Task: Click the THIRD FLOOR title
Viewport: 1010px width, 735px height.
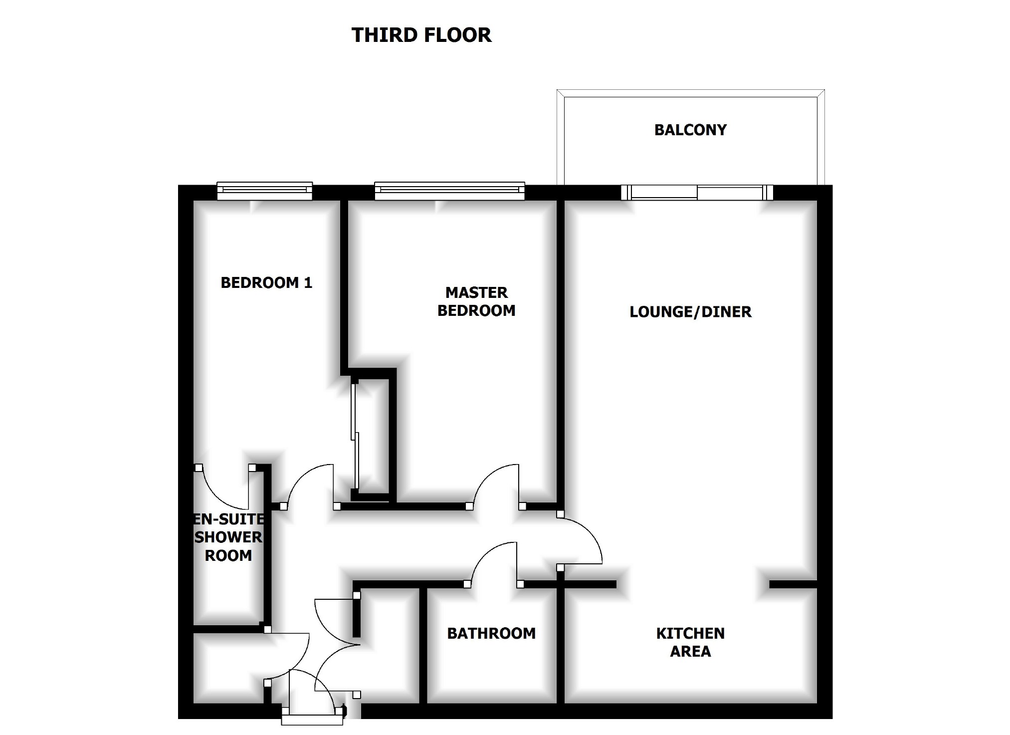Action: pyautogui.click(x=421, y=35)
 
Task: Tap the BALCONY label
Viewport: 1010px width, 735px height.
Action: pyautogui.click(x=690, y=130)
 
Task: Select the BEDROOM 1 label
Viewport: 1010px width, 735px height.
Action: pyautogui.click(x=266, y=283)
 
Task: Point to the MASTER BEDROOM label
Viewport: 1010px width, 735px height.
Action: pyautogui.click(x=476, y=301)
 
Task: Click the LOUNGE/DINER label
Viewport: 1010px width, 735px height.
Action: pyautogui.click(x=690, y=312)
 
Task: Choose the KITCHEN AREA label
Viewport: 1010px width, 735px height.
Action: pyautogui.click(x=690, y=642)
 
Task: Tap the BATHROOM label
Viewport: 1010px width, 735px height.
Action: pyautogui.click(x=491, y=633)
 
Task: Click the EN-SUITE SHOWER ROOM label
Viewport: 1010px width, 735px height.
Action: pyautogui.click(x=228, y=537)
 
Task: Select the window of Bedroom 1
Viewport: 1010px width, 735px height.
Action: pyautogui.click(x=265, y=191)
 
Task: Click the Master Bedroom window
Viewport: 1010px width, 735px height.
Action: pyautogui.click(x=449, y=191)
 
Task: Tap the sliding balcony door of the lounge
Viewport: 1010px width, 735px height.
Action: pyautogui.click(x=697, y=192)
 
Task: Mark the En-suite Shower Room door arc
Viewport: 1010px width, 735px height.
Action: pyautogui.click(x=219, y=491)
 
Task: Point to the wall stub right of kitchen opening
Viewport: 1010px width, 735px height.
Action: pyautogui.click(x=793, y=584)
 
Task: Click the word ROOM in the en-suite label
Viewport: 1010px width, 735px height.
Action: pyautogui.click(x=228, y=556)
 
